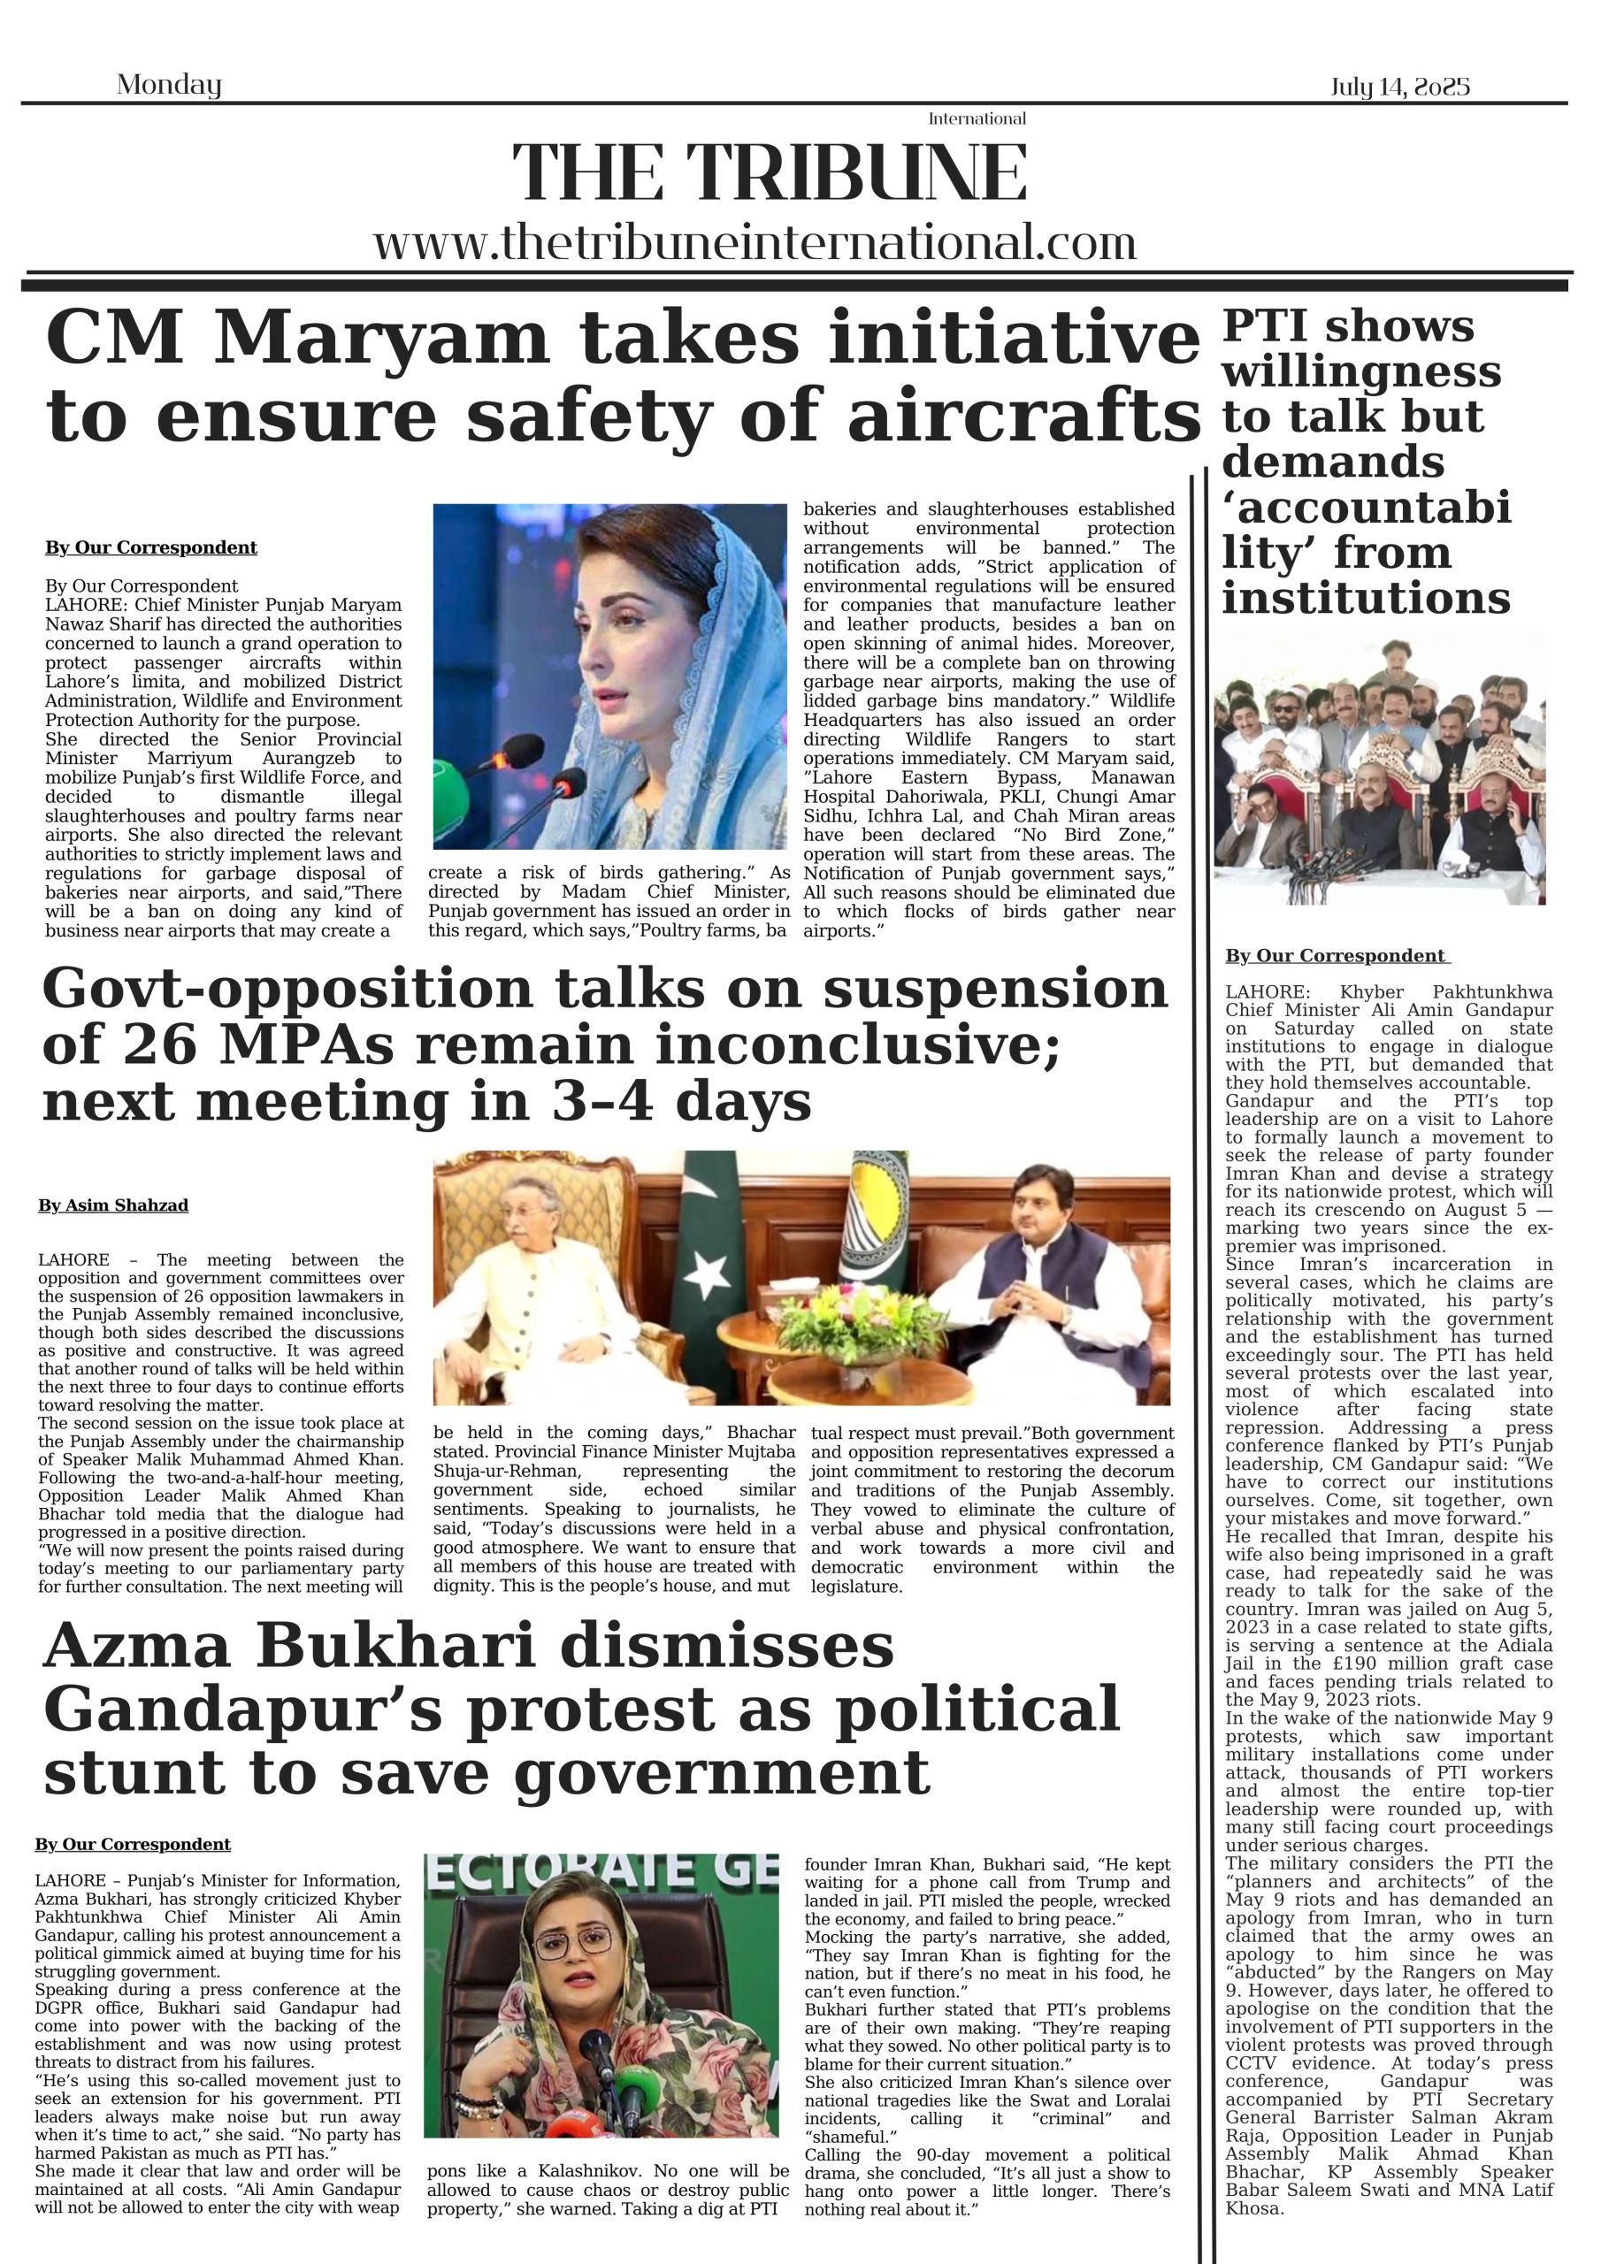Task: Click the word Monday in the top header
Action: (x=169, y=85)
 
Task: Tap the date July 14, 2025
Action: (x=1399, y=87)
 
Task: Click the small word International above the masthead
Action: (x=977, y=119)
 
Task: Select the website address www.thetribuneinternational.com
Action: (x=755, y=241)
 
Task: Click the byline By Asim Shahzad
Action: (x=113, y=1205)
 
